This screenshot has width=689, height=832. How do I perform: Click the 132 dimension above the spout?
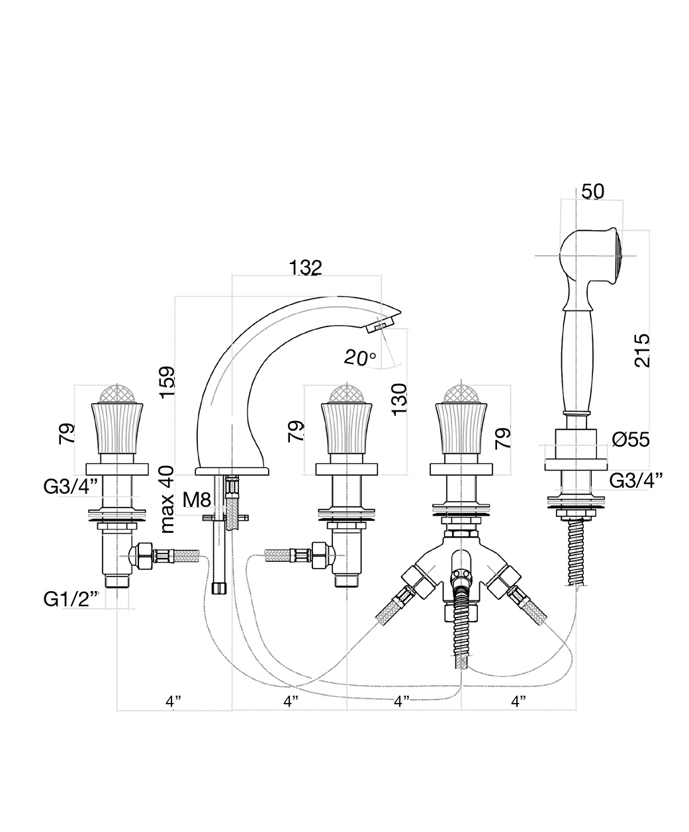click(305, 267)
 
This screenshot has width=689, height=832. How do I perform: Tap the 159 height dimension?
click(167, 382)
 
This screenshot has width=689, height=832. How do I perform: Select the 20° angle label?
click(360, 357)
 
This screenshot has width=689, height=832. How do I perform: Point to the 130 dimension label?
click(399, 400)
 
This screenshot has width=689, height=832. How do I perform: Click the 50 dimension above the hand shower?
click(592, 191)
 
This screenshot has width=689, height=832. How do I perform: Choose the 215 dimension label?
click(642, 350)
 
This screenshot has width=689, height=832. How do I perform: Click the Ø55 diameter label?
click(631, 440)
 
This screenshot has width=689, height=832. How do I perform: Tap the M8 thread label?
click(197, 500)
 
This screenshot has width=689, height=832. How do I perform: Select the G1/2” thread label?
click(71, 599)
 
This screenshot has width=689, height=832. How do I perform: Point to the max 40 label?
click(167, 499)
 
